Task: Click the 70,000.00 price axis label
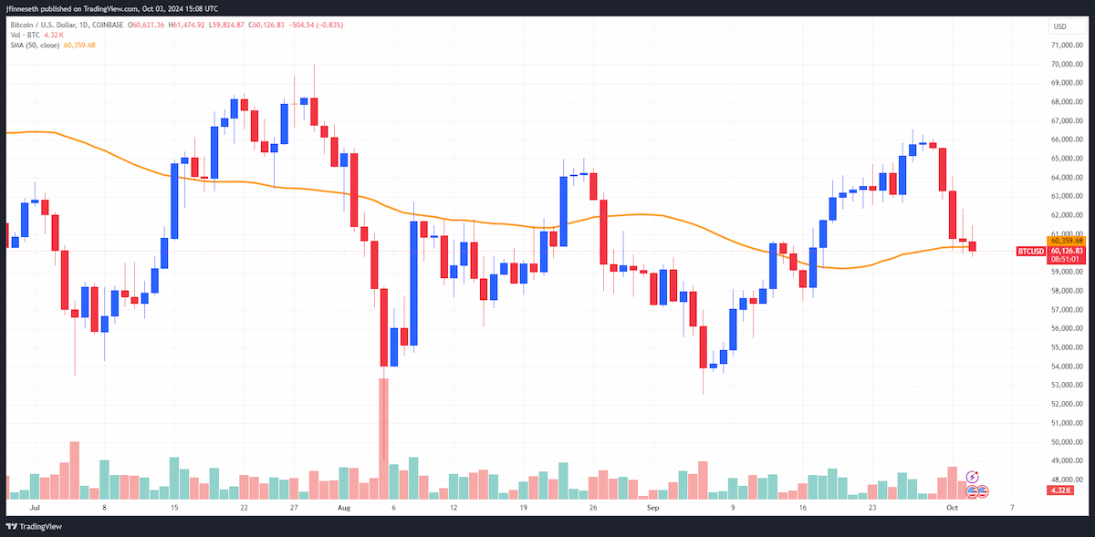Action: pyautogui.click(x=1067, y=64)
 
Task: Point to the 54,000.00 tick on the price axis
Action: pyautogui.click(x=1067, y=367)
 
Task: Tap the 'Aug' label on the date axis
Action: pyautogui.click(x=344, y=508)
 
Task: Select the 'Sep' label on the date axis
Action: pyautogui.click(x=653, y=508)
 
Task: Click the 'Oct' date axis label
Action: pyautogui.click(x=952, y=508)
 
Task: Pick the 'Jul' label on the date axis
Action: pyautogui.click(x=35, y=508)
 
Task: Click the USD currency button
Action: pyautogui.click(x=1066, y=26)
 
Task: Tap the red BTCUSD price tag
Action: pyautogui.click(x=1030, y=251)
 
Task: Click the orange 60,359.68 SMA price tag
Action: pyautogui.click(x=1066, y=241)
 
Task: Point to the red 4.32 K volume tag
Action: pyautogui.click(x=1059, y=491)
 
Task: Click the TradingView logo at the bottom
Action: pyautogui.click(x=34, y=526)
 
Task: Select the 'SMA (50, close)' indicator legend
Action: pyautogui.click(x=35, y=45)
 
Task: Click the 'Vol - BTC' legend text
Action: pyautogui.click(x=25, y=35)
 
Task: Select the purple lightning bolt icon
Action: pyautogui.click(x=973, y=477)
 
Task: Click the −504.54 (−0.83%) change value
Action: pyautogui.click(x=316, y=25)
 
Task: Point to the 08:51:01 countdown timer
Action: pyautogui.click(x=1065, y=260)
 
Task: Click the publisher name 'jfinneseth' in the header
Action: pyautogui.click(x=23, y=9)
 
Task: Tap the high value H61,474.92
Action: pyautogui.click(x=186, y=25)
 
